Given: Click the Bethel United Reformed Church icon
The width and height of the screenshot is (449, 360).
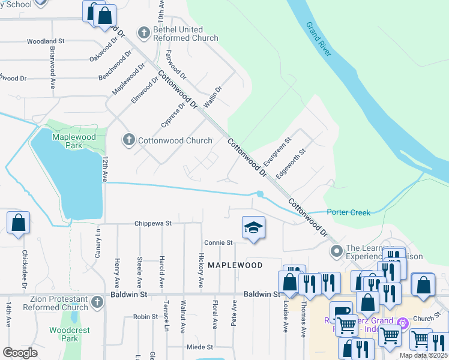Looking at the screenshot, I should coord(144,32).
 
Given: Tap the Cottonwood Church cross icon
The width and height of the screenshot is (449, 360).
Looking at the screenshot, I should coord(128,140).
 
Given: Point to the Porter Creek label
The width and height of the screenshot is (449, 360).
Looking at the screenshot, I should coord(348,212).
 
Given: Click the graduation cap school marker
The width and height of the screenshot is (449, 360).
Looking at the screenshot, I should coord(253,229).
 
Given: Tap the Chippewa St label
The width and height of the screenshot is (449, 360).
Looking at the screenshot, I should coord(153,223).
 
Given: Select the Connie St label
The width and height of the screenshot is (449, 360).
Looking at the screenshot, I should coord(218,243).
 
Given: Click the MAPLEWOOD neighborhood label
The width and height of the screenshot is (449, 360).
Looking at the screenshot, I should coord(235,265).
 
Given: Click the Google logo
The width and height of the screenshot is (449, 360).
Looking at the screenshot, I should coord(20,353).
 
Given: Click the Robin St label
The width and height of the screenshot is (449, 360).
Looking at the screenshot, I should coord(145,316).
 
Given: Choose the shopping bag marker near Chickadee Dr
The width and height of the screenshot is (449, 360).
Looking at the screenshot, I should coord(19,223).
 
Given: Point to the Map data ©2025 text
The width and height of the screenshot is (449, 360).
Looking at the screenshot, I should coord(423,355).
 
